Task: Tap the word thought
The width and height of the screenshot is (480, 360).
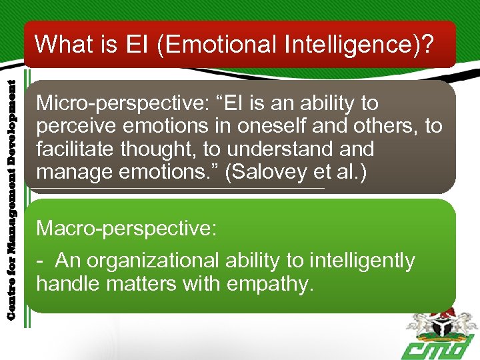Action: [162, 149]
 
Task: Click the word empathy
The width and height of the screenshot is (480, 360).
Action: [269, 283]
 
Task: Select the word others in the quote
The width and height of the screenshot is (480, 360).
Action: [386, 126]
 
